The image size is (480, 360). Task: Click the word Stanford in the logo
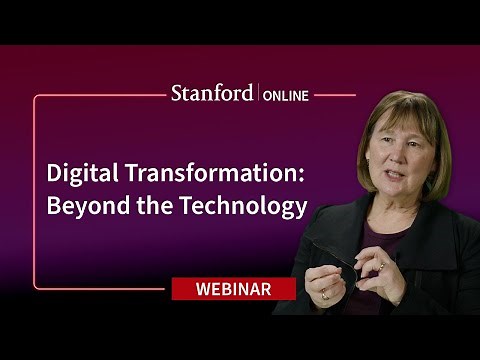click(x=213, y=95)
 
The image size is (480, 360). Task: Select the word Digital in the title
click(x=78, y=171)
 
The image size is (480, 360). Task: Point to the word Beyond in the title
click(x=85, y=207)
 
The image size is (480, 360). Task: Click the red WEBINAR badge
click(x=234, y=288)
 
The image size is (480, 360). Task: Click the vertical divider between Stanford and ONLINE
click(x=259, y=95)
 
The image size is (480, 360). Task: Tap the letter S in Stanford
click(x=177, y=95)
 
